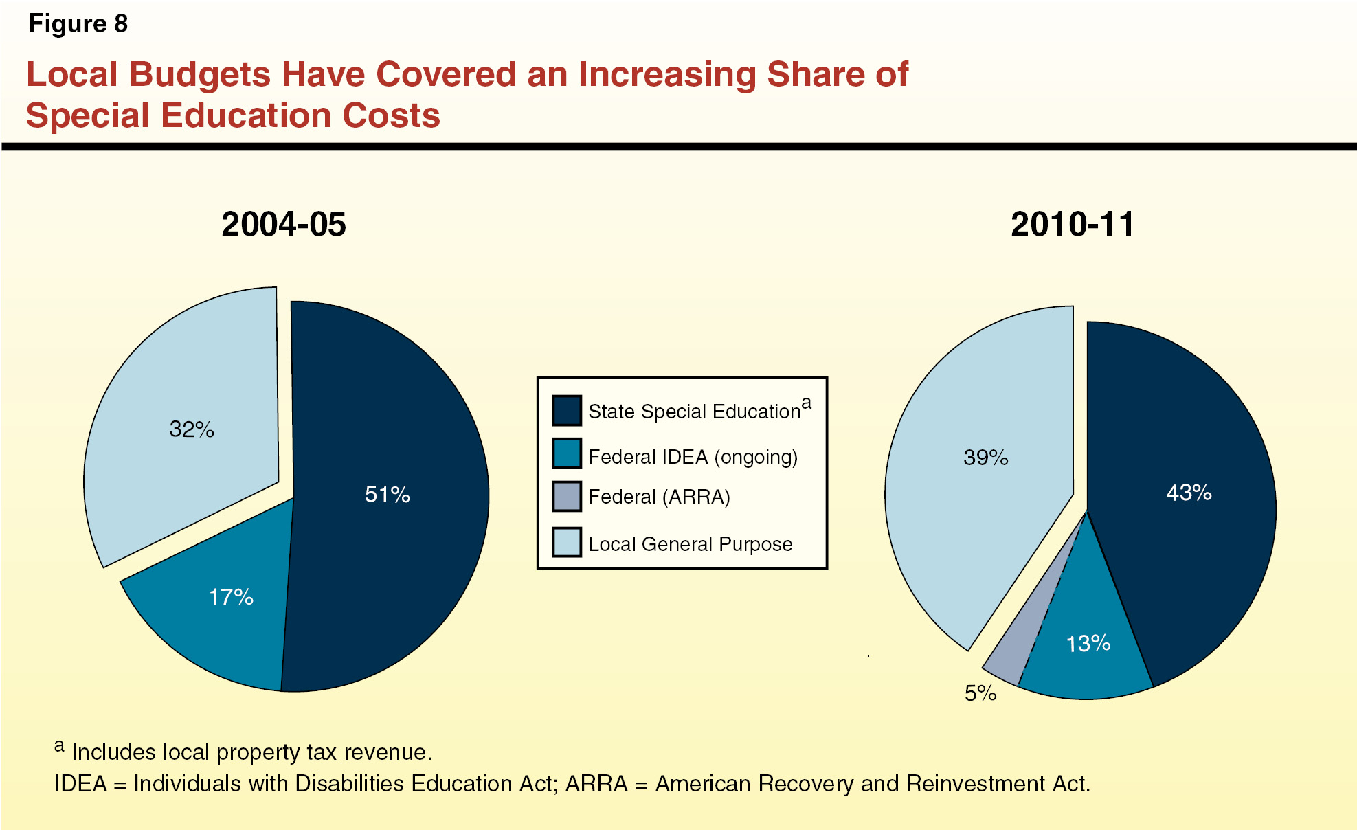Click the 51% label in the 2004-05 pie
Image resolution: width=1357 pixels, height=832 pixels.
(x=387, y=495)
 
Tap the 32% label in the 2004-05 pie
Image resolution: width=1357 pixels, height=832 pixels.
(x=192, y=429)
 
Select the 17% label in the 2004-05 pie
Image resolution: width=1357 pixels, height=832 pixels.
(x=231, y=597)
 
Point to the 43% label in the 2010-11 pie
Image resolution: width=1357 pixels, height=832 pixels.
(x=1189, y=493)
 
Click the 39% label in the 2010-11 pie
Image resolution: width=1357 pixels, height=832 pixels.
(x=985, y=458)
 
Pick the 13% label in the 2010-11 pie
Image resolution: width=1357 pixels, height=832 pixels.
(x=1088, y=644)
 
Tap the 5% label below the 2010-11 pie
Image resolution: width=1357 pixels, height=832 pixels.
(x=980, y=693)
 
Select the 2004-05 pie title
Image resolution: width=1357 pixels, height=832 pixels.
(x=283, y=225)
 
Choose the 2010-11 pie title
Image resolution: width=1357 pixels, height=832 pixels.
(x=1072, y=225)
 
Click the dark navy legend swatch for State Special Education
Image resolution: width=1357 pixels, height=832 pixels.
(x=567, y=410)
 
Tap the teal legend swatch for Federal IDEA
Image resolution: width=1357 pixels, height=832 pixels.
(x=567, y=453)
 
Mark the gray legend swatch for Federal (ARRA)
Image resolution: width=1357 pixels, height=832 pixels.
(x=567, y=496)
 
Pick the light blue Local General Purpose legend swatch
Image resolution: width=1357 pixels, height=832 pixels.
(x=567, y=542)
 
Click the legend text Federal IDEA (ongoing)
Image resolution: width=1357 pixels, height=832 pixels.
(x=693, y=457)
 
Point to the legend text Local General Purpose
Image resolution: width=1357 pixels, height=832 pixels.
(x=690, y=544)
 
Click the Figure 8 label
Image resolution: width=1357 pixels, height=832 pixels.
(x=78, y=24)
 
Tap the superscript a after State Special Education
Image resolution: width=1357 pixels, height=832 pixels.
(x=806, y=403)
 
